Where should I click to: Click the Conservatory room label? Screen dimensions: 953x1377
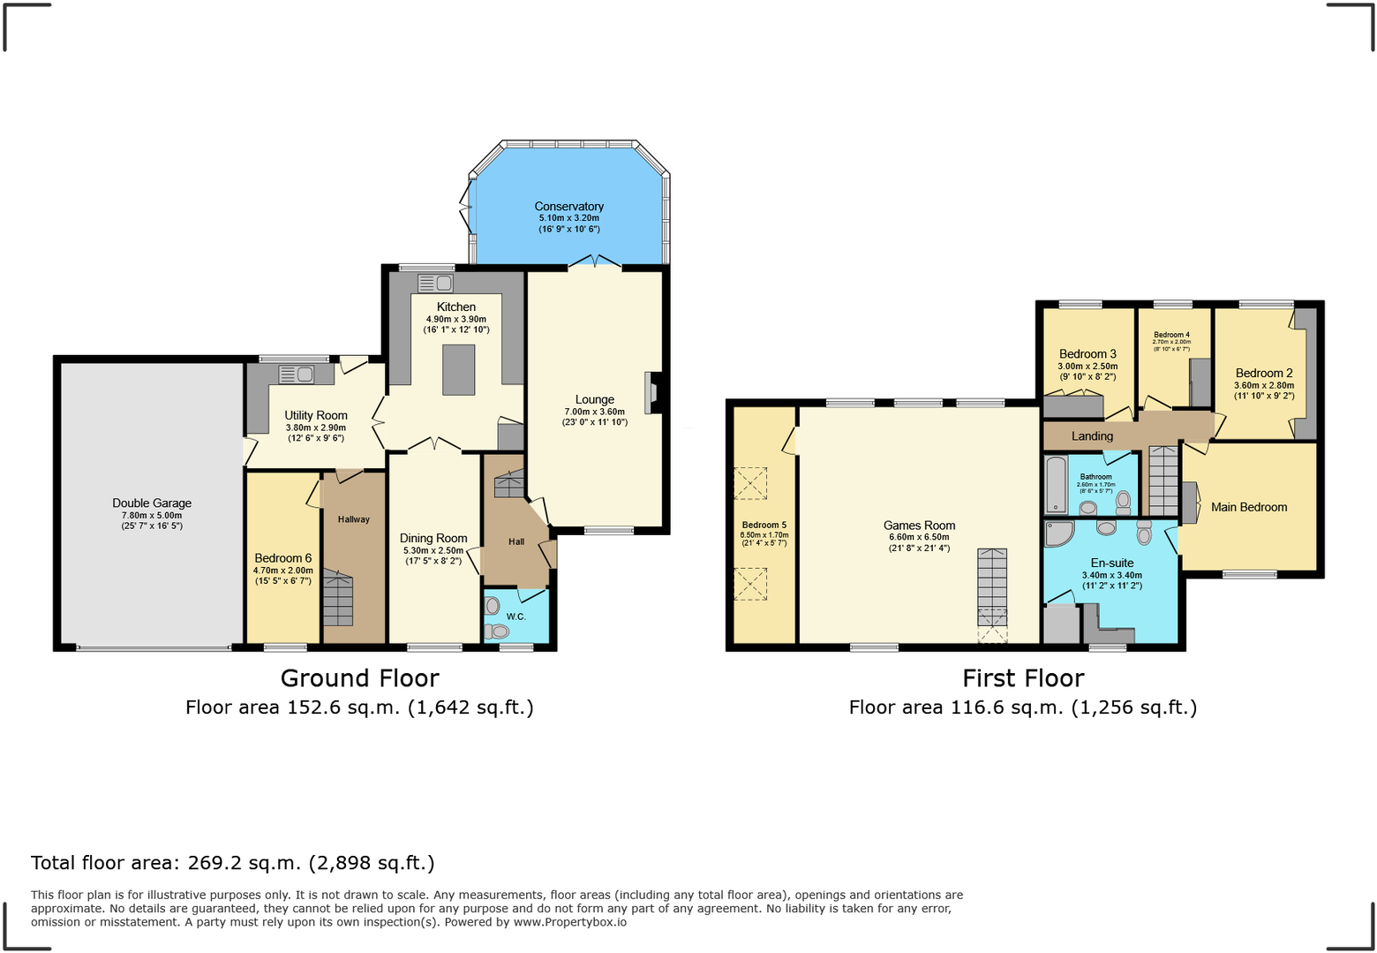[x=568, y=207]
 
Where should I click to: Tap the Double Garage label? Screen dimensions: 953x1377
[x=152, y=503]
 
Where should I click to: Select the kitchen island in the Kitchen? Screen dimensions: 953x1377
[x=458, y=370]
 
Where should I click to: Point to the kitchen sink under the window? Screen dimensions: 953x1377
[x=435, y=284]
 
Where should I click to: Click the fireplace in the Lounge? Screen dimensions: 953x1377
[x=651, y=393]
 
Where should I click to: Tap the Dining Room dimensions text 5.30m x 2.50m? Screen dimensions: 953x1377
[x=433, y=550]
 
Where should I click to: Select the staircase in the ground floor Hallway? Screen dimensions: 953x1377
[x=337, y=598]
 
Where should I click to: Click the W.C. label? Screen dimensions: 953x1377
[x=516, y=616]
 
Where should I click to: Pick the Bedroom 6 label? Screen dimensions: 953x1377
[x=282, y=558]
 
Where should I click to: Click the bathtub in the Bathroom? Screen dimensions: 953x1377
[x=1056, y=485]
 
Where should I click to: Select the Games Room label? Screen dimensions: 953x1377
[x=919, y=526]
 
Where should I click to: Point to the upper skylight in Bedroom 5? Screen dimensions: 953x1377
[x=751, y=483]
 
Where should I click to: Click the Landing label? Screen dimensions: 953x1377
[x=1092, y=436]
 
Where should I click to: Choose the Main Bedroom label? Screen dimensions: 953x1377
[x=1248, y=507]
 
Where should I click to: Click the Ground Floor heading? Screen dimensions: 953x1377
[x=359, y=678]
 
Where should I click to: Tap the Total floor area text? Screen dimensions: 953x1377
[x=232, y=863]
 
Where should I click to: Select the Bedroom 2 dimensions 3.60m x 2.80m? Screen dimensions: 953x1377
[x=1263, y=385]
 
